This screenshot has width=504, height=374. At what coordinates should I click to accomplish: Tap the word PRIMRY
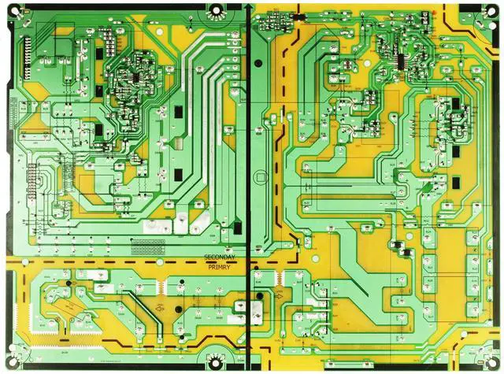[x=220, y=268]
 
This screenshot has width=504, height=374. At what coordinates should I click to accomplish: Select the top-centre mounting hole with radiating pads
[x=214, y=9]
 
